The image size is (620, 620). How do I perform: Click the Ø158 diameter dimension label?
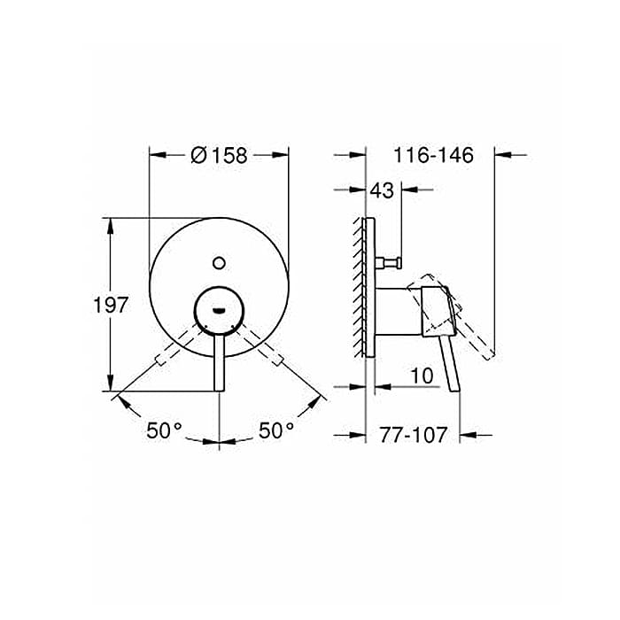point(219,155)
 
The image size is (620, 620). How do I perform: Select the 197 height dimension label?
point(111,305)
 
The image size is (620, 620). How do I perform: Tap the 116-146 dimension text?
point(433,155)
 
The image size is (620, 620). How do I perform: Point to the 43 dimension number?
point(382,190)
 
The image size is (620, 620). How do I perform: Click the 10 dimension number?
point(422,376)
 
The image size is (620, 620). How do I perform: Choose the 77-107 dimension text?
point(414,435)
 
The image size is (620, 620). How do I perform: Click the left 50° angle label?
point(165,430)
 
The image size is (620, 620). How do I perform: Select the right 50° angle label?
point(276,430)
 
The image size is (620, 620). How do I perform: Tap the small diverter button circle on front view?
point(219,263)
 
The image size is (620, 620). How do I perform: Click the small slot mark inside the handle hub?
point(219,311)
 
